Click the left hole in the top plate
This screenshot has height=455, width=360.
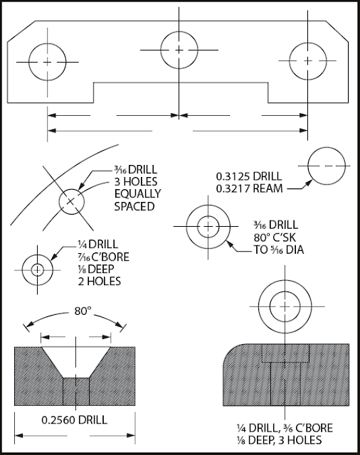tap(48, 62)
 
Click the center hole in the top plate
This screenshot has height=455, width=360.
tap(179, 48)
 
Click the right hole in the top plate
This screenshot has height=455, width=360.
tap(307, 62)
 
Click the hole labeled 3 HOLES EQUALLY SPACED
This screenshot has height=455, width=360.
tap(70, 201)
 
